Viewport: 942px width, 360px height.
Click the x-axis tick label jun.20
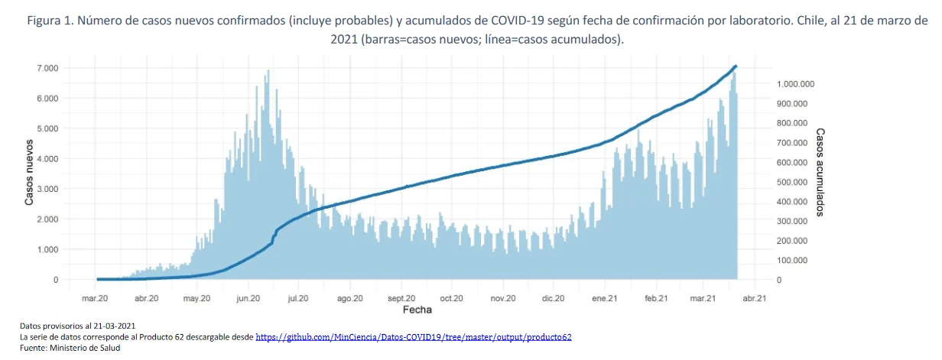pos(248,299)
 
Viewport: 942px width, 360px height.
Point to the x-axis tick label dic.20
pos(553,299)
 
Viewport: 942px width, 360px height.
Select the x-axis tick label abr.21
pos(755,299)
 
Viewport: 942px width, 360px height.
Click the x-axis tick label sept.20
pos(401,299)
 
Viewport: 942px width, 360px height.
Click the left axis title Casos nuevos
pos(29,172)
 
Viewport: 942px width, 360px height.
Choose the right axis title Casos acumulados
pos(820,172)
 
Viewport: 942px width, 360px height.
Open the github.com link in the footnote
pos(413,336)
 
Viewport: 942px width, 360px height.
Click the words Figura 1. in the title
pos(51,21)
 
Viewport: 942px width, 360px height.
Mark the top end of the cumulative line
pos(735,66)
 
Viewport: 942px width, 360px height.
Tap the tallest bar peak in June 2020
pos(268,71)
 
